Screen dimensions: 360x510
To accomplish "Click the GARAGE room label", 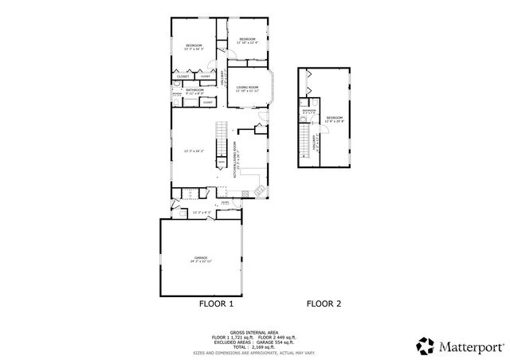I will (201, 258).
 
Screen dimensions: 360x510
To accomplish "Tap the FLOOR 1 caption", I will (216, 303).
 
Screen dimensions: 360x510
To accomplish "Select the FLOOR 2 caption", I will (324, 303).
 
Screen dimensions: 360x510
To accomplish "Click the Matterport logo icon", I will (426, 346).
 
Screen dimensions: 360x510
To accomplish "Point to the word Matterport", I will (468, 346).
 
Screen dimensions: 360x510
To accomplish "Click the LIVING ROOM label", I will (248, 87).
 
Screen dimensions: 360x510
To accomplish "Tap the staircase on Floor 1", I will (219, 143).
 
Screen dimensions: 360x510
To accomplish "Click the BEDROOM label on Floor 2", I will (334, 116).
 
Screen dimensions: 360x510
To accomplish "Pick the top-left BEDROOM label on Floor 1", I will (194, 45).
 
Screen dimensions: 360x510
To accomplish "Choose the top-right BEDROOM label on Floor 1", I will (247, 39).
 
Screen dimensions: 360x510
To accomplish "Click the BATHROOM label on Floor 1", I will (195, 90).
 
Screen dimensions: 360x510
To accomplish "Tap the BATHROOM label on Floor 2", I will (309, 110).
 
